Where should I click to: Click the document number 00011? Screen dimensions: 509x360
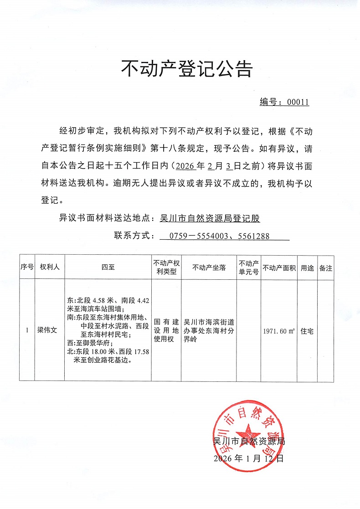[x=298, y=102]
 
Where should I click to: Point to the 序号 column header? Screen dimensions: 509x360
[x=27, y=267]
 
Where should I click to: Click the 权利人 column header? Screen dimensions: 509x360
[x=50, y=267]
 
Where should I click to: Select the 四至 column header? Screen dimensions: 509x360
[x=108, y=267]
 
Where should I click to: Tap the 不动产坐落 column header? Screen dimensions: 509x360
[x=209, y=267]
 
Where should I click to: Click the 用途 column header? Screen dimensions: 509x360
[x=307, y=267]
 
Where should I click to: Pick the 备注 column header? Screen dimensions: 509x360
[x=325, y=267]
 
